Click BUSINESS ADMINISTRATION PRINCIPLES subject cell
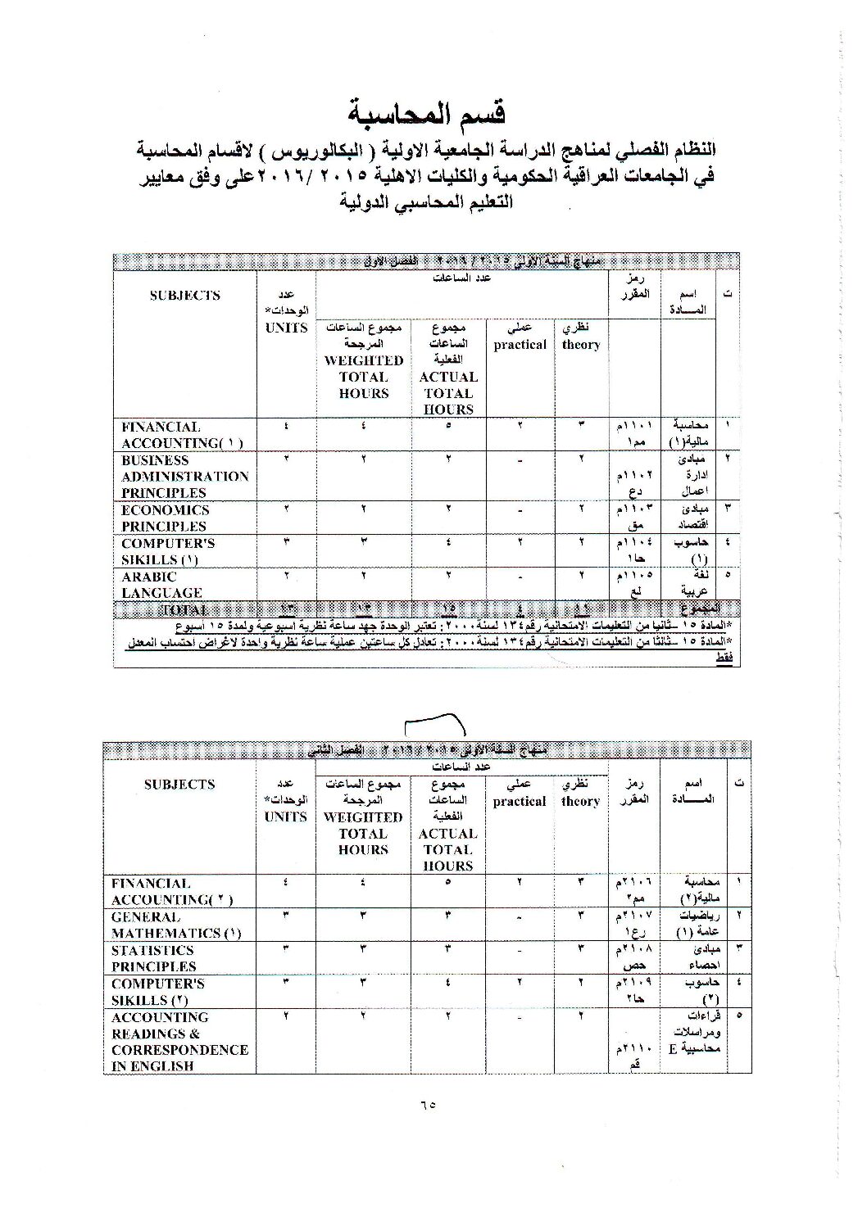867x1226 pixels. [x=184, y=477]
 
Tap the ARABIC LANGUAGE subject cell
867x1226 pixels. [x=161, y=584]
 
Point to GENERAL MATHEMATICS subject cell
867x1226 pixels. [x=176, y=925]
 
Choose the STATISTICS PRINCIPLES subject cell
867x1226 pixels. [x=153, y=958]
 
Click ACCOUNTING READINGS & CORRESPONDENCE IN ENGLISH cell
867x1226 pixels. [x=179, y=1042]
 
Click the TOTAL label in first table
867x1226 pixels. [x=184, y=609]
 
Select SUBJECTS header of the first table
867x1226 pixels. [x=184, y=296]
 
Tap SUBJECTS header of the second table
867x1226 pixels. [x=179, y=784]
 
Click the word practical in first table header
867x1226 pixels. [x=520, y=345]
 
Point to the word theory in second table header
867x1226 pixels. [x=580, y=802]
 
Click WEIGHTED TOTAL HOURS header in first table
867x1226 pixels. [x=364, y=377]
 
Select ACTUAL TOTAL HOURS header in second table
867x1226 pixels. [x=447, y=849]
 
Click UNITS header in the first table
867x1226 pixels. [x=287, y=328]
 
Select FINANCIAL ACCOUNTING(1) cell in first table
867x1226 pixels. [x=182, y=435]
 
